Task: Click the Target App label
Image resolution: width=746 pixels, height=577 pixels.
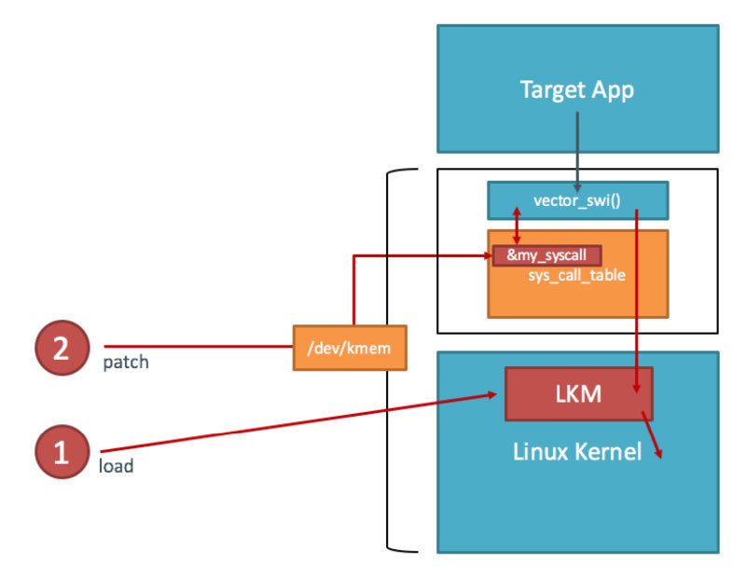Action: coord(577,90)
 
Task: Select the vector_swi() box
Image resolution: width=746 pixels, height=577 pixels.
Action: coord(577,200)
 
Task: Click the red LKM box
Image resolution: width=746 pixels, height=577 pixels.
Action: coord(578,394)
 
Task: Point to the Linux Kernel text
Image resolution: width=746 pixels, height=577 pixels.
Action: coord(577,452)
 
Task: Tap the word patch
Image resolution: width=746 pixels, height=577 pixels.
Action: coord(125,362)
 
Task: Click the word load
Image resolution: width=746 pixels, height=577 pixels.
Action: coord(116,466)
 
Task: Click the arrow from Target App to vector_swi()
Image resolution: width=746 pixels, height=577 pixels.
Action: coord(577,149)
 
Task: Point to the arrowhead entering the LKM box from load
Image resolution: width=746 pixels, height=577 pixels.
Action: coord(490,395)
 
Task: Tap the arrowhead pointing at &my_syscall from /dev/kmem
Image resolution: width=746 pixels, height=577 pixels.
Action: coord(486,255)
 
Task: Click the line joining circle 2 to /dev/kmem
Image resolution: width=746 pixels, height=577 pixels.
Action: coord(196,347)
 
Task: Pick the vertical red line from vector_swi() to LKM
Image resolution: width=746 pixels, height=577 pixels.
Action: coord(637,298)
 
